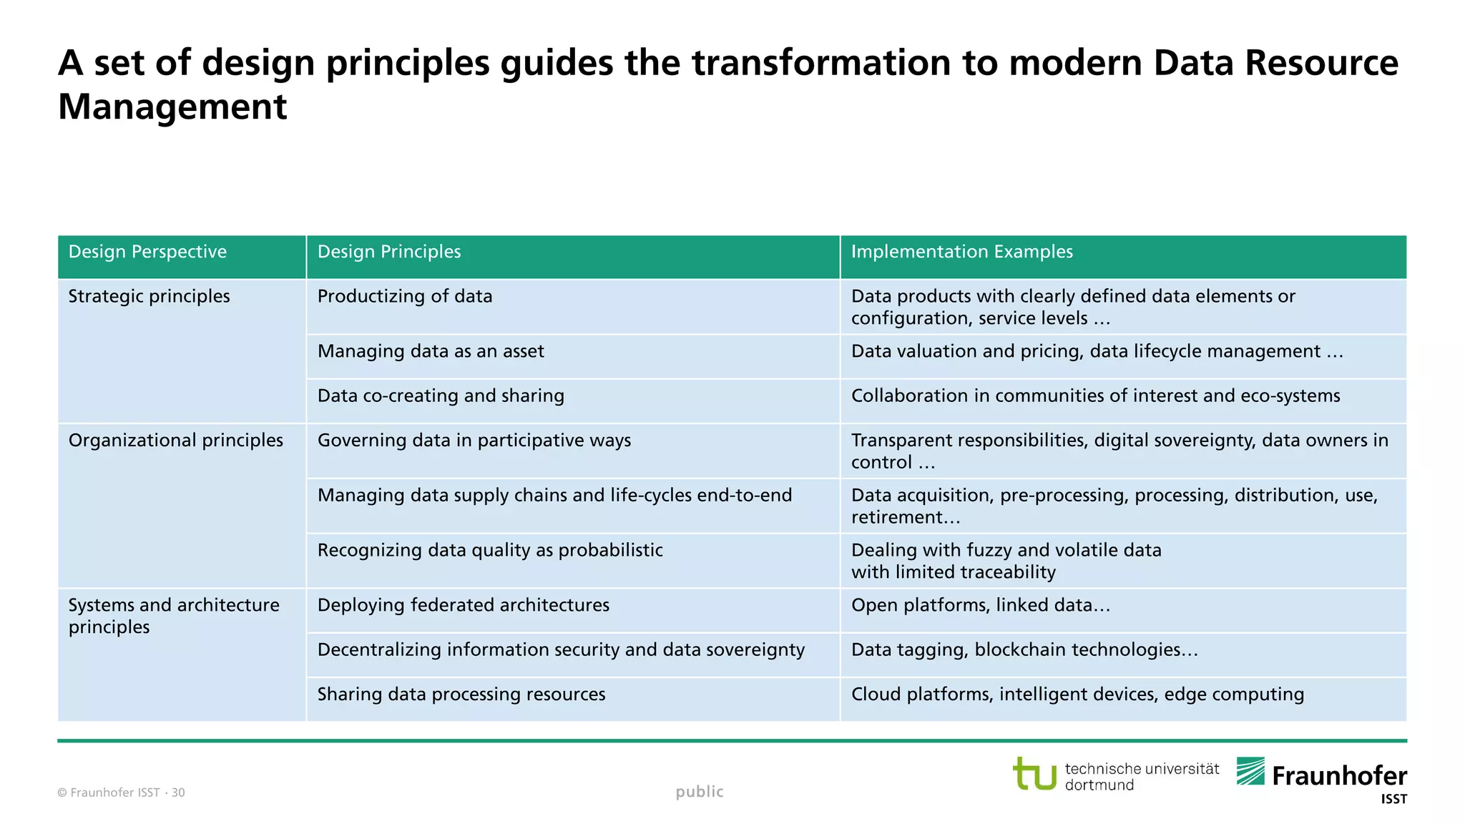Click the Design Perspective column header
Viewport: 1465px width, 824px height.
point(147,252)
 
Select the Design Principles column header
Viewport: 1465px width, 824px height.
point(389,252)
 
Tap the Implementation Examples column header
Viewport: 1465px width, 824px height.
point(961,252)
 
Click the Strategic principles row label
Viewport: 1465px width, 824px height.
point(149,296)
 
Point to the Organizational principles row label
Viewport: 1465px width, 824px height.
point(176,440)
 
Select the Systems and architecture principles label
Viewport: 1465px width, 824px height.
point(174,616)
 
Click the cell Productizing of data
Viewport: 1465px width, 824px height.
point(405,296)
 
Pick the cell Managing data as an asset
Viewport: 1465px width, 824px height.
point(431,351)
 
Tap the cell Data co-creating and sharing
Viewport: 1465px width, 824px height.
point(441,396)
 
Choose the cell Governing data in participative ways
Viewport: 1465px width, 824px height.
point(474,440)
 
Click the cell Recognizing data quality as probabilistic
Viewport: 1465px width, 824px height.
point(490,550)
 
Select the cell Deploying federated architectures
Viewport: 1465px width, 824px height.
point(464,605)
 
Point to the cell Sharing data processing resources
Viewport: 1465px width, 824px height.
point(461,694)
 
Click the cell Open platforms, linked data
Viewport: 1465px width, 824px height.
point(980,605)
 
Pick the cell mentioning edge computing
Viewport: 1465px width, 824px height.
point(1077,694)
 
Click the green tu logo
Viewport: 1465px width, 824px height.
point(1034,773)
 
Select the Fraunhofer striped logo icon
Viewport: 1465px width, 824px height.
point(1250,771)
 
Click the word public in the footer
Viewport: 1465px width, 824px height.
point(700,791)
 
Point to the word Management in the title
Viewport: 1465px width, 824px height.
point(172,107)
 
